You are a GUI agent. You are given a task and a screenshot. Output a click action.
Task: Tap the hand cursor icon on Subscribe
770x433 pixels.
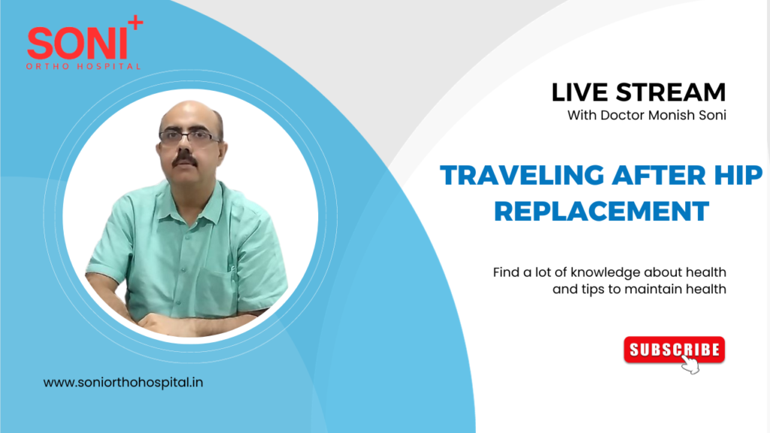(690, 365)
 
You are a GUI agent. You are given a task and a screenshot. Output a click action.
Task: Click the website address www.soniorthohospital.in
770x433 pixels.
(123, 382)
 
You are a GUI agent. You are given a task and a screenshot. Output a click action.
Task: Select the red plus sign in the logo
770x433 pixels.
(135, 24)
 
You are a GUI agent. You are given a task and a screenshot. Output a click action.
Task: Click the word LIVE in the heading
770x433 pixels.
(580, 92)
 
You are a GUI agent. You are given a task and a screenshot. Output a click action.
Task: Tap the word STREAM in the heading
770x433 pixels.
(671, 92)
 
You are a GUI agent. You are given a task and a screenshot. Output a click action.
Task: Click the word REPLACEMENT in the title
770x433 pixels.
(601, 211)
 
